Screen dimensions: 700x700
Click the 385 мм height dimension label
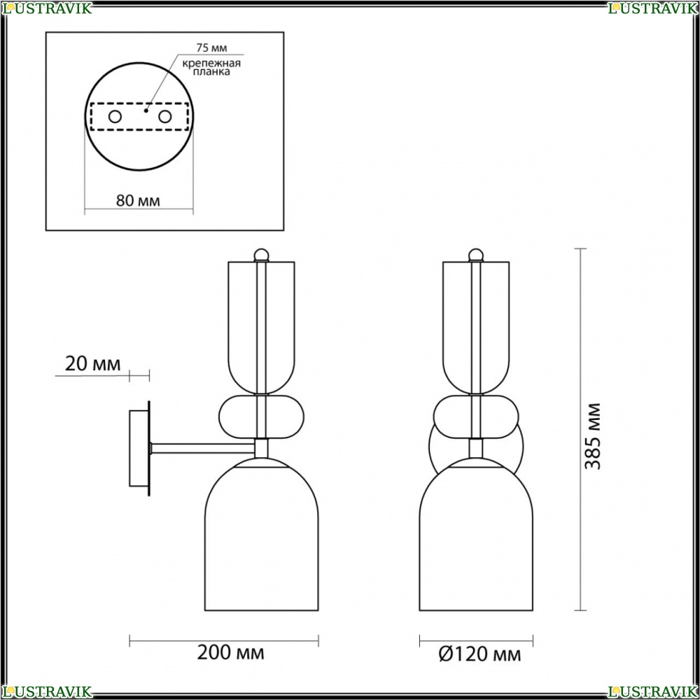(594, 436)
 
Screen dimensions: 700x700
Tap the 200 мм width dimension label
(230, 652)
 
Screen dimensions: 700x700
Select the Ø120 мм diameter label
(479, 654)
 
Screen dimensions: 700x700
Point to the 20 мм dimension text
(93, 364)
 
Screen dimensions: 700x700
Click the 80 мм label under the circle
(138, 201)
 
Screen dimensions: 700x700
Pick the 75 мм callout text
(211, 48)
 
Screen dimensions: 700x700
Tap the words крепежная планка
(211, 67)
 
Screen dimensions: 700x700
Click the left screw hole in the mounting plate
(115, 117)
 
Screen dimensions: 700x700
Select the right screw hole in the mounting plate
(164, 117)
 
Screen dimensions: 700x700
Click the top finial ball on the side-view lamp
(261, 255)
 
